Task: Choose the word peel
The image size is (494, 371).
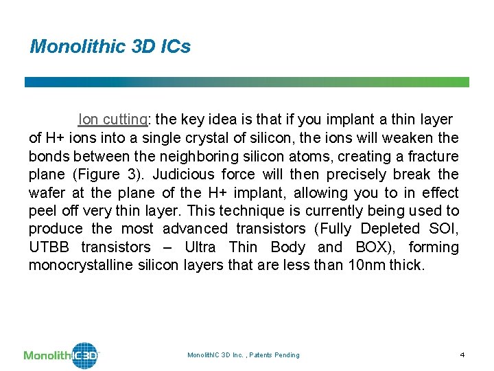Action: (x=43, y=210)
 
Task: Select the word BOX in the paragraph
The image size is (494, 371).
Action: (x=388, y=247)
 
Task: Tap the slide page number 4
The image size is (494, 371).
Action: (x=462, y=355)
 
